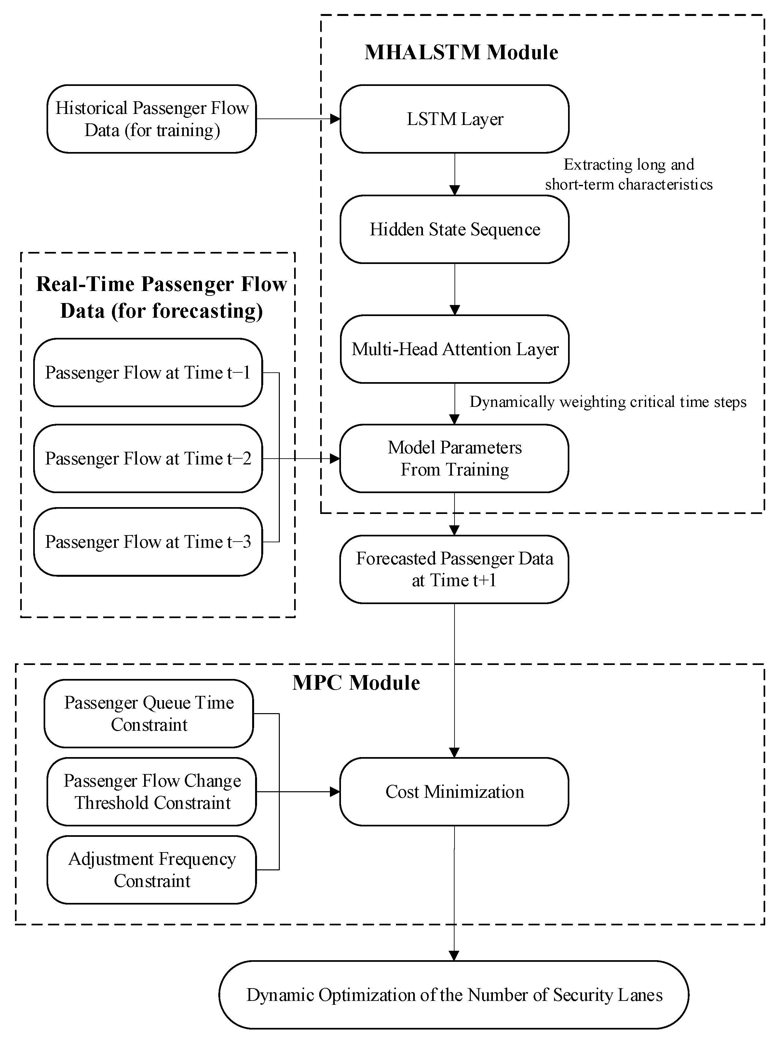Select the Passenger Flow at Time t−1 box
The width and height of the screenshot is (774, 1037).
(148, 373)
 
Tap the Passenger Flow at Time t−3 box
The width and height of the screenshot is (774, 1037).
(148, 542)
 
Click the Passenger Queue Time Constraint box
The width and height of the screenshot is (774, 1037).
(149, 713)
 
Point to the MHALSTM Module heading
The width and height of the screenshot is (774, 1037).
(461, 52)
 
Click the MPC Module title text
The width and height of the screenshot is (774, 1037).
(356, 683)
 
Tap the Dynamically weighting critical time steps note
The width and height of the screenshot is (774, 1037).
(608, 402)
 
